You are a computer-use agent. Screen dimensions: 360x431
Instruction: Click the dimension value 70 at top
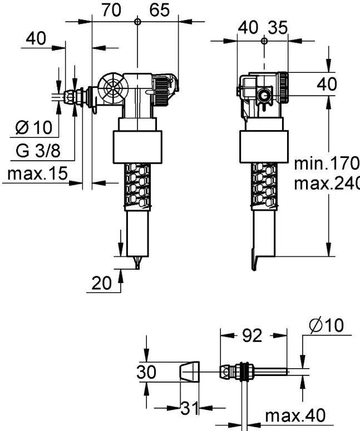click(111, 10)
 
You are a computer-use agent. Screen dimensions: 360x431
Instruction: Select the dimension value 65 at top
click(160, 10)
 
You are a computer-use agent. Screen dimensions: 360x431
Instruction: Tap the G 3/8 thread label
click(38, 151)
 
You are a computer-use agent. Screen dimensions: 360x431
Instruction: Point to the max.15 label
click(38, 174)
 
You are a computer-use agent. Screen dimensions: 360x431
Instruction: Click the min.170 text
click(327, 164)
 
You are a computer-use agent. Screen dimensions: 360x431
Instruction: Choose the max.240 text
click(327, 183)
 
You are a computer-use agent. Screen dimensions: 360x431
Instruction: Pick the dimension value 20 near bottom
click(101, 283)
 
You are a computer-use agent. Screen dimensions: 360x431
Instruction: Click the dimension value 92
click(252, 335)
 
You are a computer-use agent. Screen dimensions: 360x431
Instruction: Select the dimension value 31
click(190, 408)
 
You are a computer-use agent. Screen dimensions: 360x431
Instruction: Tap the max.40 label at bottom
click(295, 415)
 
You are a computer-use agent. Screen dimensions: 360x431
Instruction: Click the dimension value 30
click(146, 372)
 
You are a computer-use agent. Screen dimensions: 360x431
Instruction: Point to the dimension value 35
click(278, 27)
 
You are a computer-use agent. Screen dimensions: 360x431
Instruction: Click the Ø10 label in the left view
click(34, 127)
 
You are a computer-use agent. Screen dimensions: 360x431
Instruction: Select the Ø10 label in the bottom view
click(327, 325)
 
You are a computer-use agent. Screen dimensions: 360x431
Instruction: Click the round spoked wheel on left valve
click(114, 87)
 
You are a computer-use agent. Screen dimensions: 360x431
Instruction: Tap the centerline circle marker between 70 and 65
click(137, 22)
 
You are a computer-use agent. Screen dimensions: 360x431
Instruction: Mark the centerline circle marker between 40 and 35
click(264, 41)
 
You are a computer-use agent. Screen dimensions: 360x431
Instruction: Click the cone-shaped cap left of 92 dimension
click(190, 371)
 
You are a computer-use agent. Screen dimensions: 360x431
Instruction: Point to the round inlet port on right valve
click(264, 96)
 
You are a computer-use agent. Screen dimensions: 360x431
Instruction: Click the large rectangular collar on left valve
click(137, 147)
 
